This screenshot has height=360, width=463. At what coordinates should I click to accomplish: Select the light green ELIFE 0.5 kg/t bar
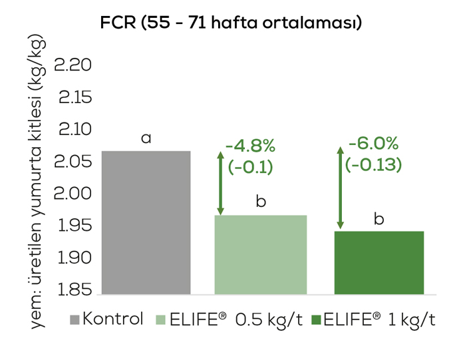tap(260, 254)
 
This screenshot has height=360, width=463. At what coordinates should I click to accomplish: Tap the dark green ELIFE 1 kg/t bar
tap(378, 262)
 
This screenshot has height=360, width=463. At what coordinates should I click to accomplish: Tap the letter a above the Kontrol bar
tap(146, 138)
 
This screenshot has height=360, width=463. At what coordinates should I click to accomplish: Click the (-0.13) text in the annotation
tap(374, 164)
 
